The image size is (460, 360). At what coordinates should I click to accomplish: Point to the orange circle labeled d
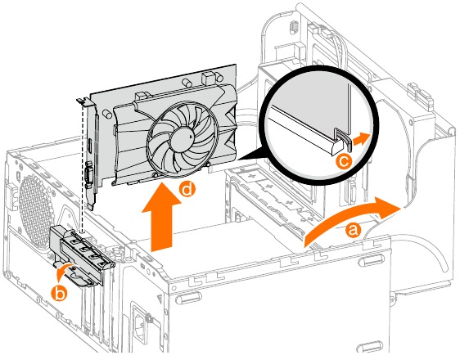click(x=188, y=191)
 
